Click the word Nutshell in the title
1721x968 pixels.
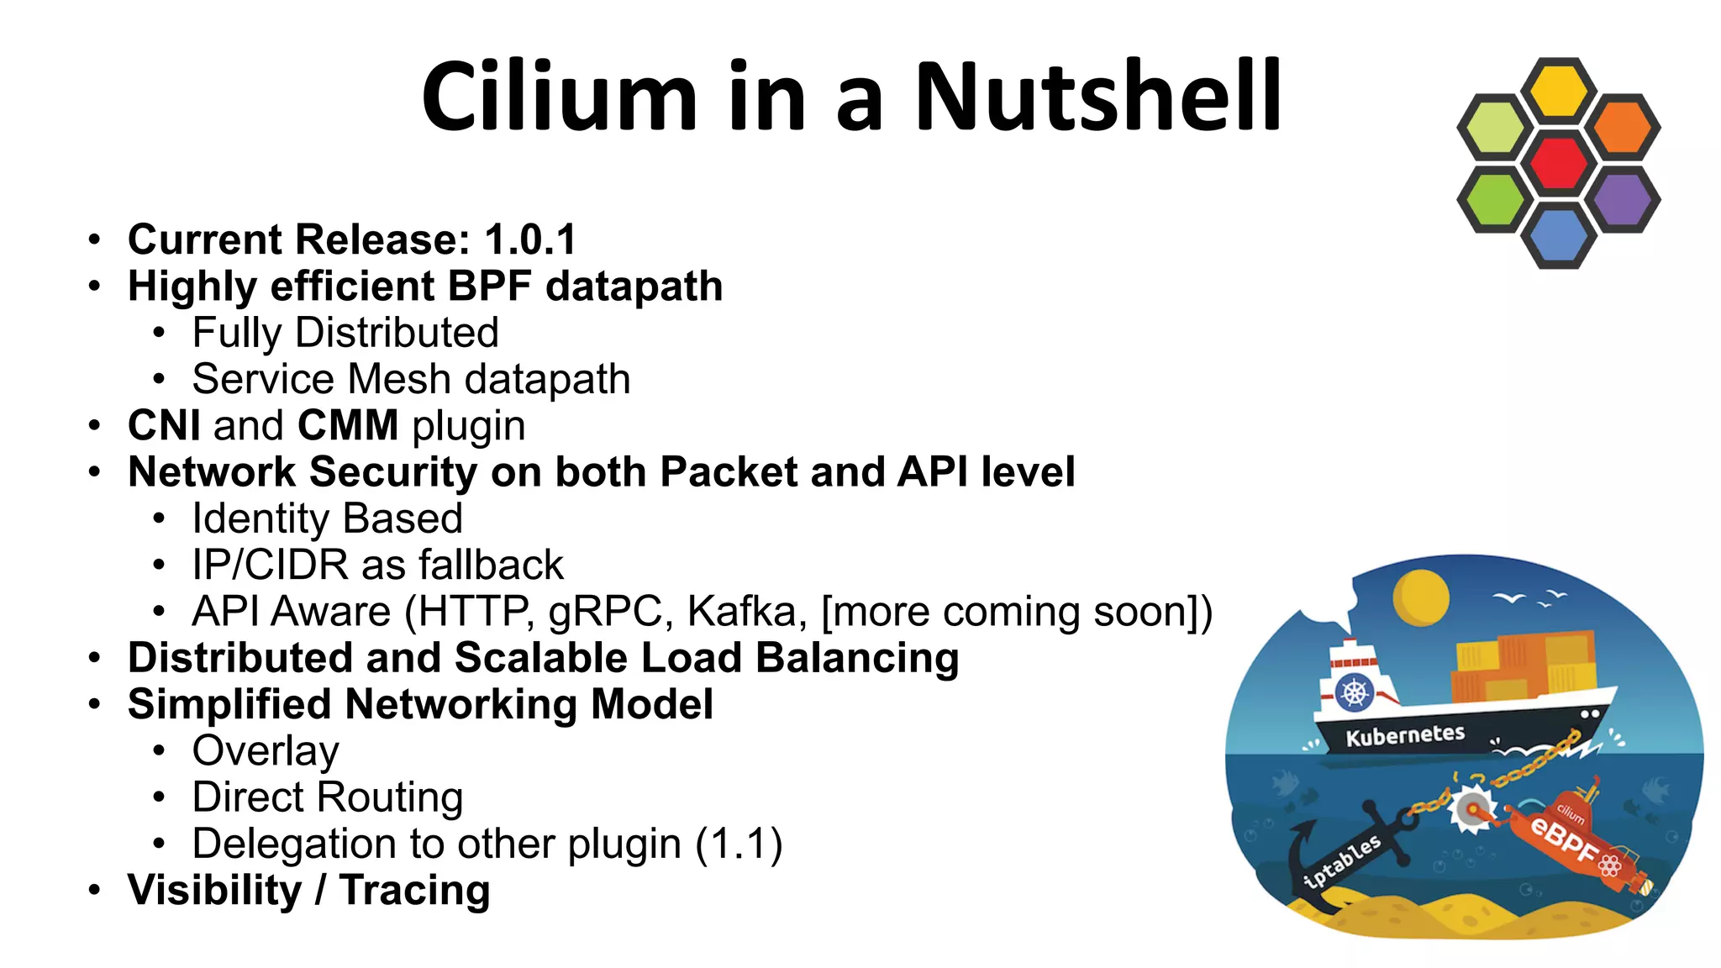pos(1097,97)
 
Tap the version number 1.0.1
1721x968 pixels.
pos(530,239)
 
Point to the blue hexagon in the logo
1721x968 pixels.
pos(1559,236)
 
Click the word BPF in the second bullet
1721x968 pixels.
pos(490,287)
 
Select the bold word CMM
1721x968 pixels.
pos(348,425)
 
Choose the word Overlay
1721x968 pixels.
pos(266,750)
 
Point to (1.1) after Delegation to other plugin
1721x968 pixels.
pos(739,844)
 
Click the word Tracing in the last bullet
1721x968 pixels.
pos(414,891)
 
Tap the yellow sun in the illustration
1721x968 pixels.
pos(1420,597)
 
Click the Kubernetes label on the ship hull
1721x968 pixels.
pos(1405,735)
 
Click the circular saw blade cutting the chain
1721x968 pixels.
pos(1471,809)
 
